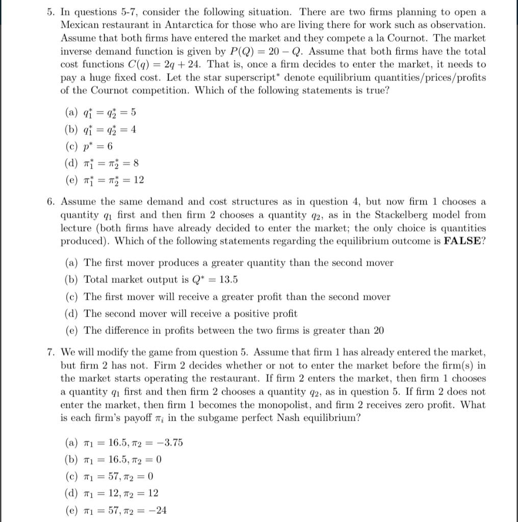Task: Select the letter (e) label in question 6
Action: tap(73, 330)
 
